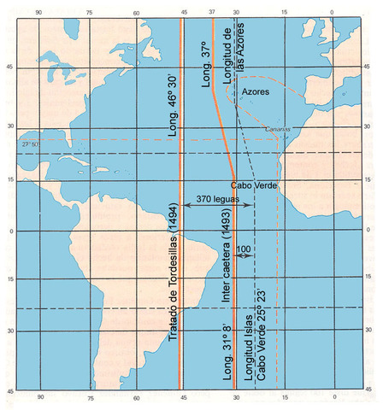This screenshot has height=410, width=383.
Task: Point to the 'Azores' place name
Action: [x=256, y=91]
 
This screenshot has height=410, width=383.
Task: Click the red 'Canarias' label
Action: [x=279, y=130]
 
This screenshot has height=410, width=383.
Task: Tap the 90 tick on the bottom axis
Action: [x=38, y=397]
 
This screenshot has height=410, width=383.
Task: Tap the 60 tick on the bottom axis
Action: [x=136, y=397]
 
